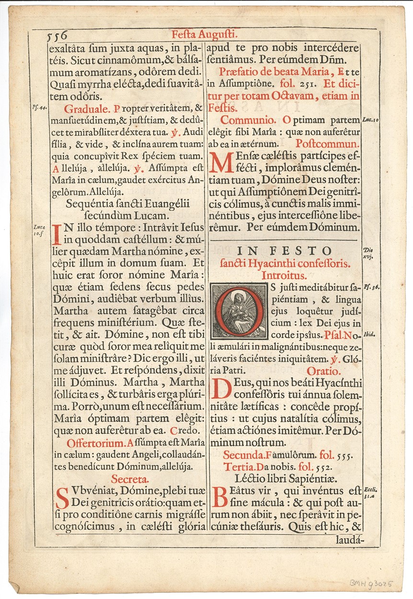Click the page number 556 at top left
(x=57, y=35)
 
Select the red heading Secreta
(x=130, y=478)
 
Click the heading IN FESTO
(x=285, y=251)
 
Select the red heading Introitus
(x=285, y=276)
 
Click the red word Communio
(x=248, y=120)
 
